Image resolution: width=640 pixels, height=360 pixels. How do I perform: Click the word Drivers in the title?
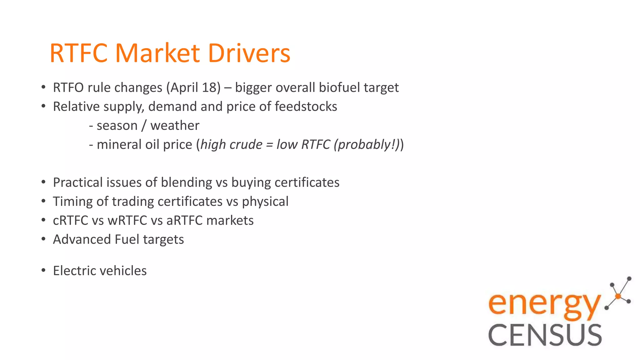pos(249,53)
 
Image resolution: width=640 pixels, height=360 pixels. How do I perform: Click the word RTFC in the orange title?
pos(78,53)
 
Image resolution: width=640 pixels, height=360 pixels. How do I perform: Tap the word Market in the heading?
pos(157,53)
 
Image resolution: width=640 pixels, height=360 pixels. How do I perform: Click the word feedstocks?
pos(306,107)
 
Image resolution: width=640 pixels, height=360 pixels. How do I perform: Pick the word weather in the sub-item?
pos(175,126)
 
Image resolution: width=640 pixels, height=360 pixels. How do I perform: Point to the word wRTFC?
pos(127,221)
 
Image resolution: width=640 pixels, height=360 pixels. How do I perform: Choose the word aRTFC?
pos(184,221)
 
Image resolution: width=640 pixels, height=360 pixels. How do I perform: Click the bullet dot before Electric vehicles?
pos(43,270)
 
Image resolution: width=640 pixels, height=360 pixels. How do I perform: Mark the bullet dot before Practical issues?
pos(43,182)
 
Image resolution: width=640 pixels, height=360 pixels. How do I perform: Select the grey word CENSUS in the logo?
pos(545,335)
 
